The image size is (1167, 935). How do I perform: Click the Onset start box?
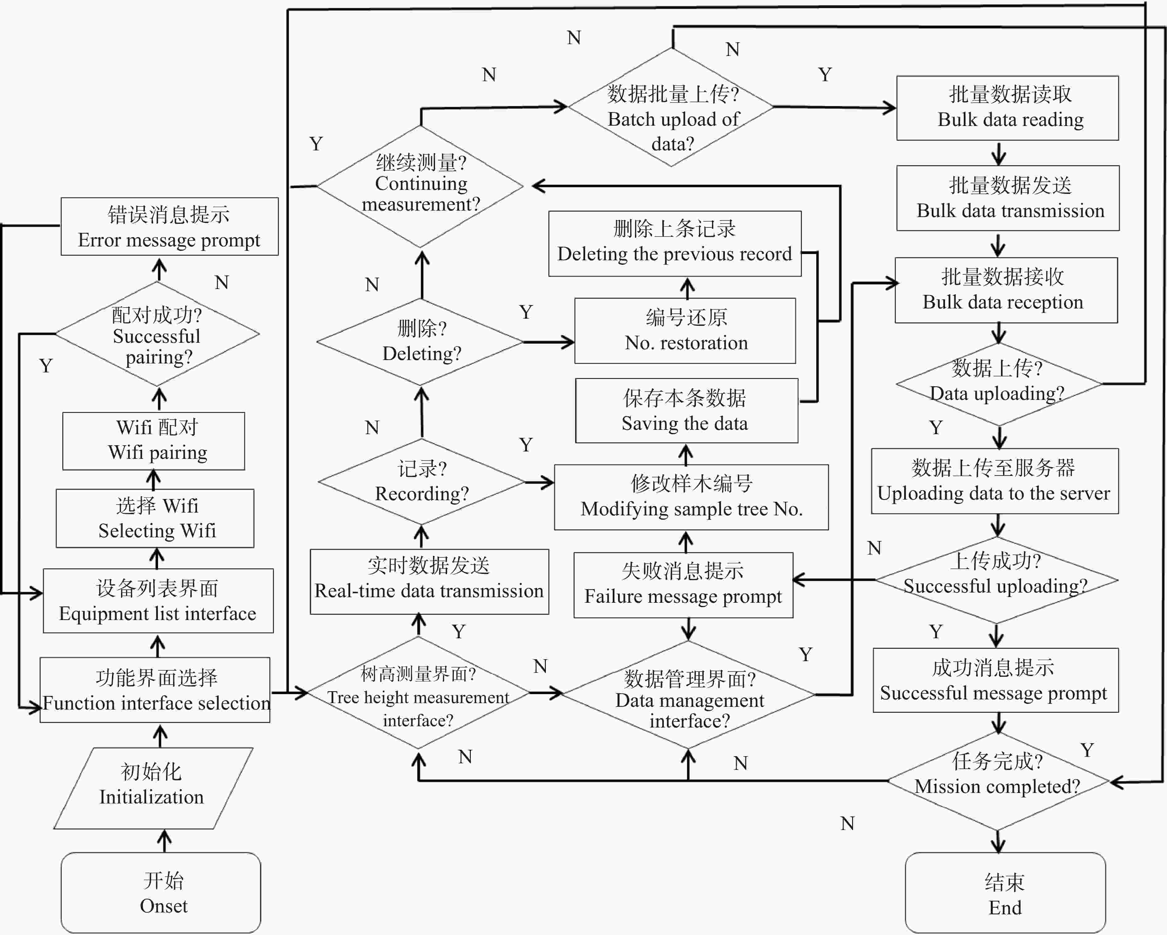point(161,892)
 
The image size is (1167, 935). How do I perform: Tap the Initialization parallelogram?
point(153,788)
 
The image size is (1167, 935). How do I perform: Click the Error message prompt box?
point(169,226)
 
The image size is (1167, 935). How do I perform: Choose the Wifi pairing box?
point(154,441)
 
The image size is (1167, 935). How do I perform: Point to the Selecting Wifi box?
point(155,518)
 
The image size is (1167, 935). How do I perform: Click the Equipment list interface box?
point(158,600)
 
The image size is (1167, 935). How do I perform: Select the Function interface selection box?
point(155,690)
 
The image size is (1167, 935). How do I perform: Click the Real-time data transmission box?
point(429,581)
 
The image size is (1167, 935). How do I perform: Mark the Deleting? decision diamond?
point(420,342)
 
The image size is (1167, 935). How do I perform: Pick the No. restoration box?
point(685,330)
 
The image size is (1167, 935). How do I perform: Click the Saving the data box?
point(686,410)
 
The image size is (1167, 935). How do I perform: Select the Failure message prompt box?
point(683,585)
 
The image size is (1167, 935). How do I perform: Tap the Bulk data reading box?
point(1007,108)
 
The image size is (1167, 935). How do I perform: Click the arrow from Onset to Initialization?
point(164,841)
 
